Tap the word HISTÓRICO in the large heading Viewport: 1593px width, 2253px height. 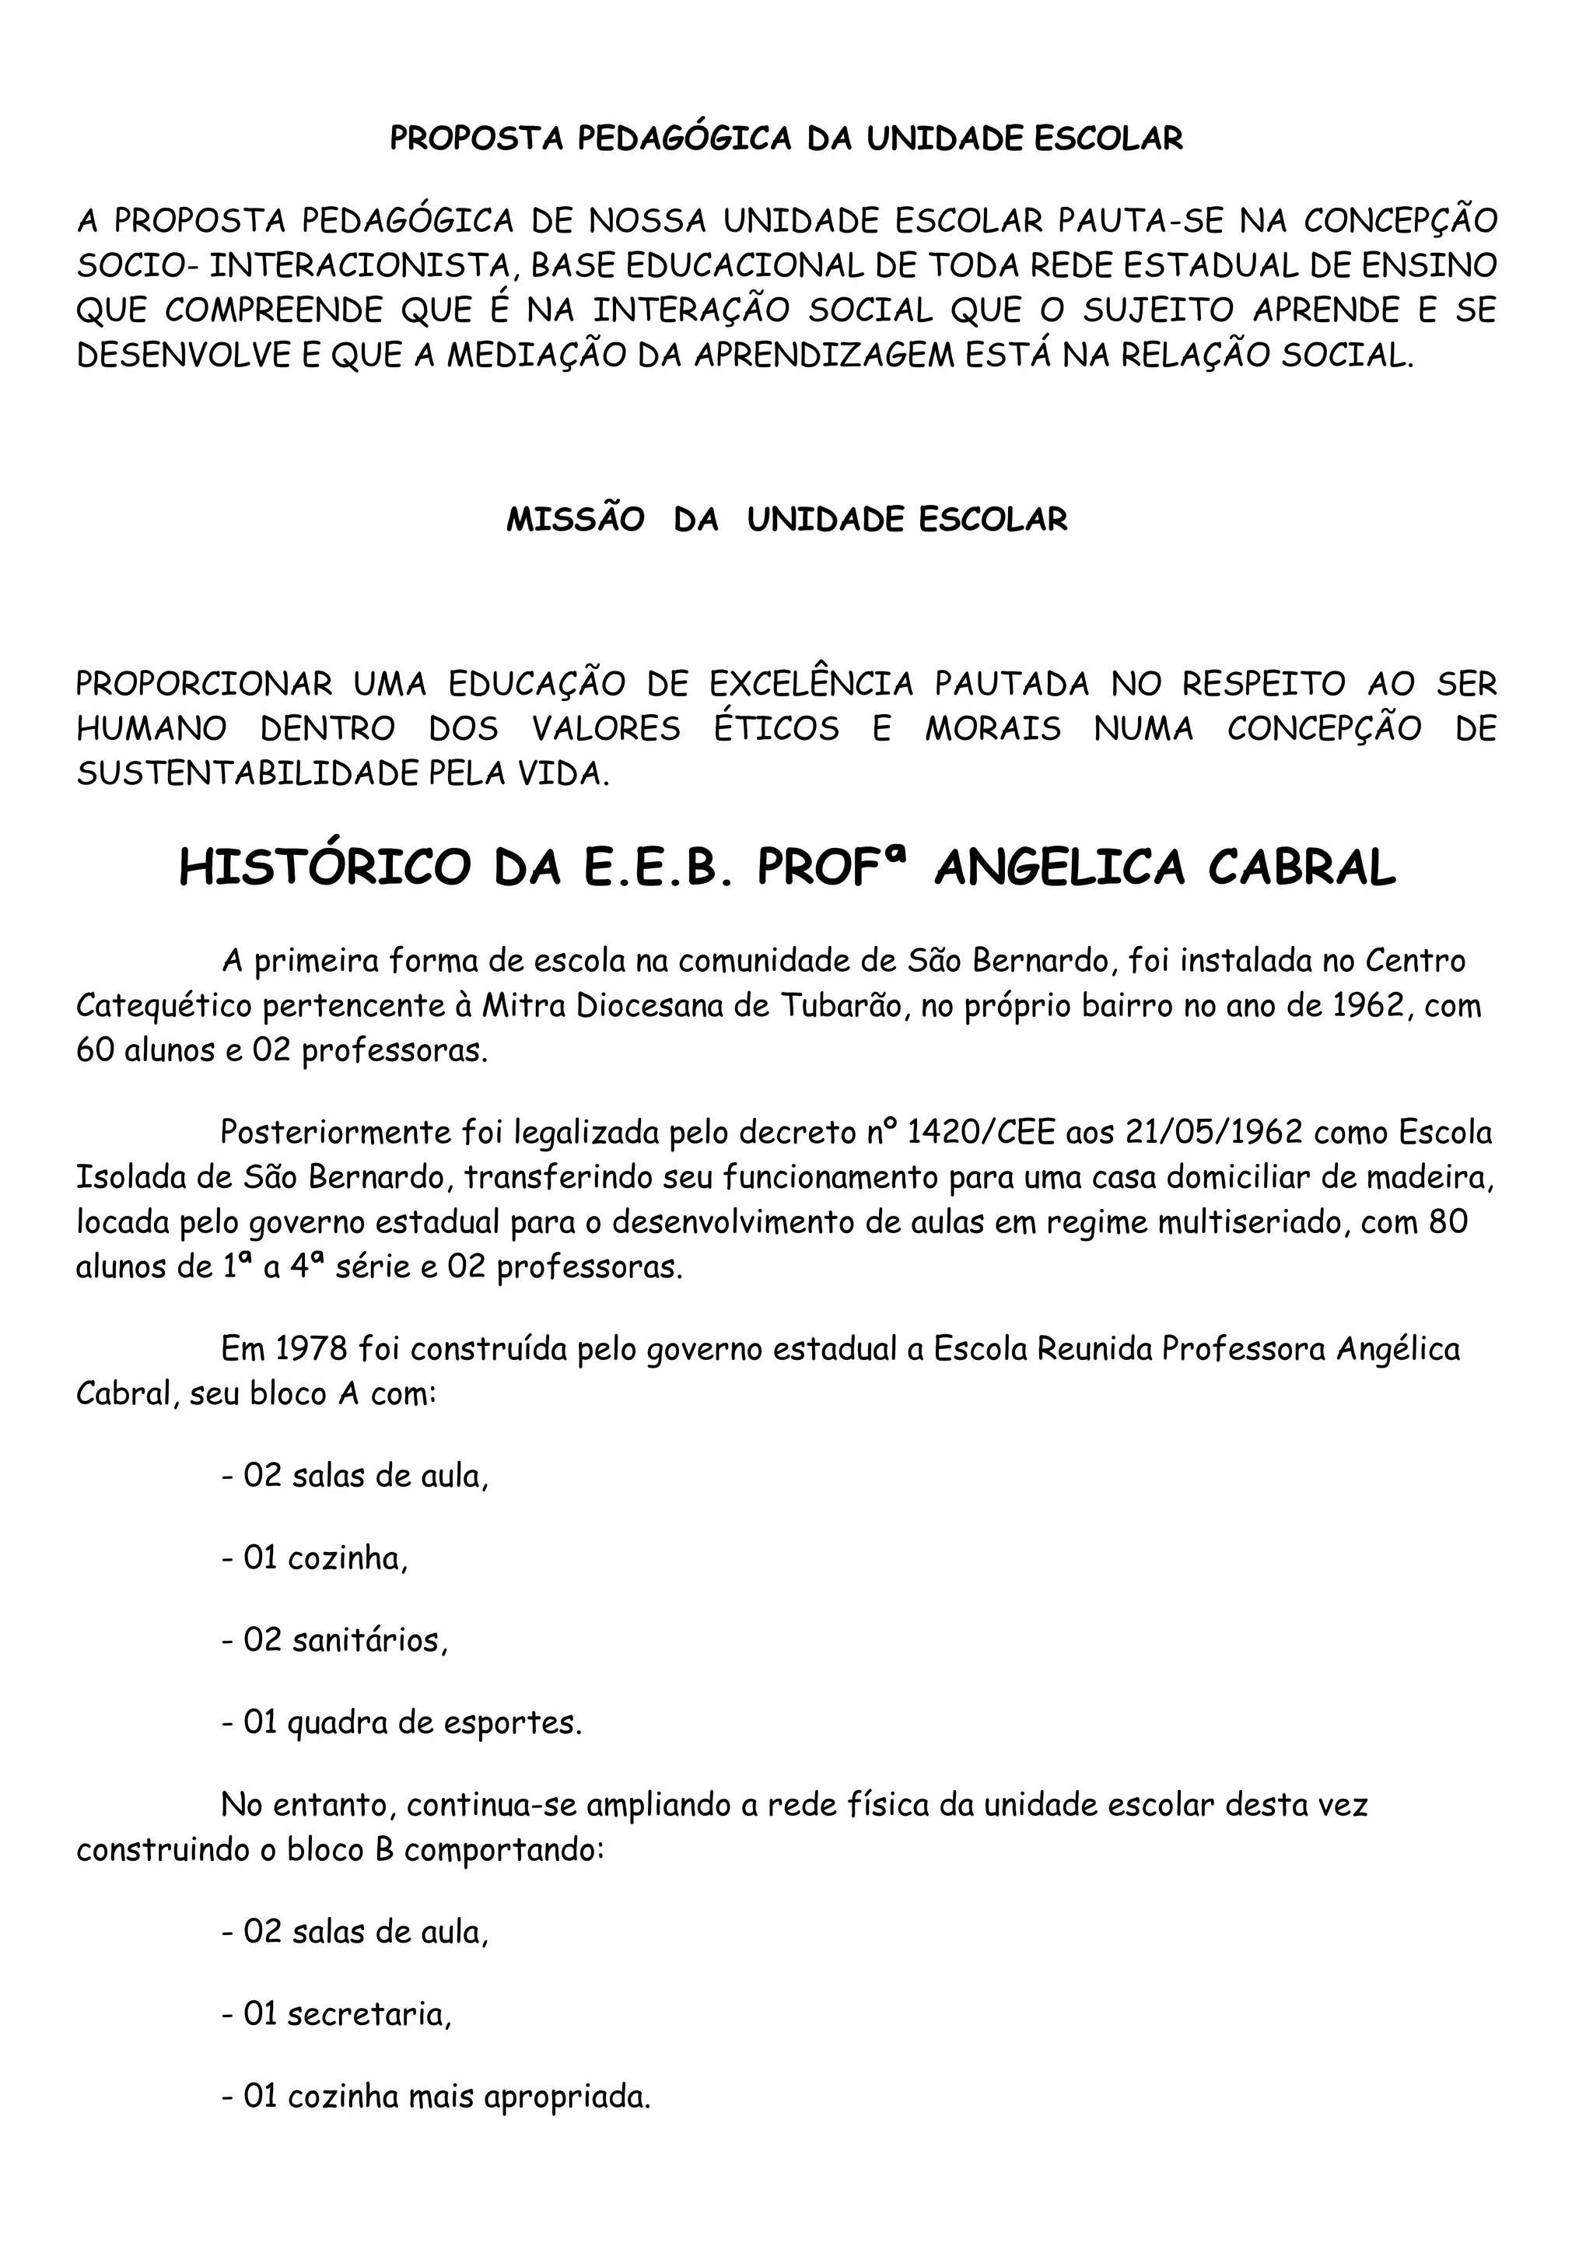[x=324, y=867]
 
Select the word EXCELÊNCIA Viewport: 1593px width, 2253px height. [x=811, y=684]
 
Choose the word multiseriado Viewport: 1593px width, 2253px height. [x=1229, y=1223]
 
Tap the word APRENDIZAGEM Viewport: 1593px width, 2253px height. [x=823, y=356]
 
